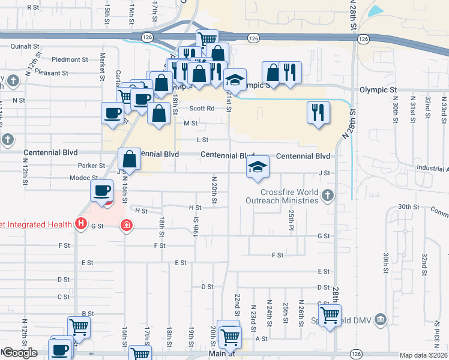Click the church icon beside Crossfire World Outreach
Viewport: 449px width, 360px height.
328,194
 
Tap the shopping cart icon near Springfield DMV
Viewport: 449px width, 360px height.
330,314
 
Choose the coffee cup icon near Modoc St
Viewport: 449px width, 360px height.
101,191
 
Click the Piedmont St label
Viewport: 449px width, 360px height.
70,59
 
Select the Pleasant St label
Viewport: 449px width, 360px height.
68,73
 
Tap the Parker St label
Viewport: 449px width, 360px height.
91,166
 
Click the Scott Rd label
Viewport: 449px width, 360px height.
202,109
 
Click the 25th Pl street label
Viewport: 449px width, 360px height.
291,215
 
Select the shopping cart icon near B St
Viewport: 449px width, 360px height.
79,326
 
